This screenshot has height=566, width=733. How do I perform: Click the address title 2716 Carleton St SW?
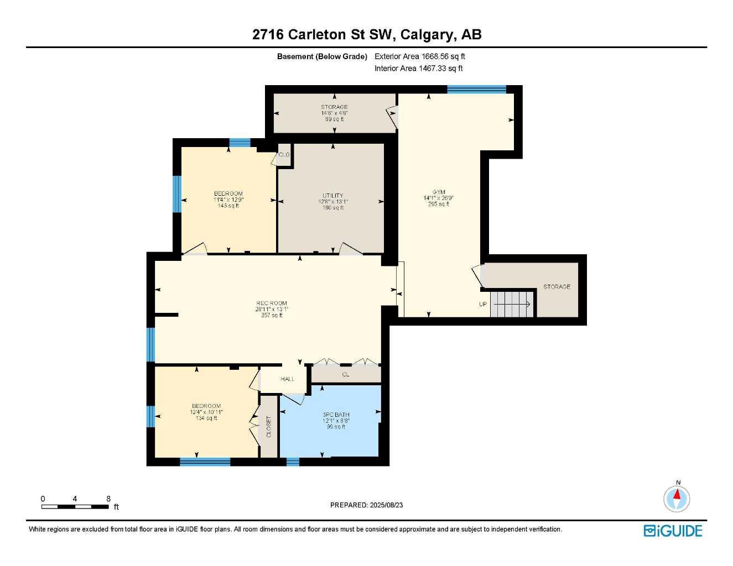366,34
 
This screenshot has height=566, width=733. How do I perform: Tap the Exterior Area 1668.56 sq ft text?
419,56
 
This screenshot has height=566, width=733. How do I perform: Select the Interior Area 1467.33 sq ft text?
418,69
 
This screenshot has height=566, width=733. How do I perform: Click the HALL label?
287,379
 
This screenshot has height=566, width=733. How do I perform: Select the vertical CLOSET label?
269,427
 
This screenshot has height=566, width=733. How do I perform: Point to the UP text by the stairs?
483,305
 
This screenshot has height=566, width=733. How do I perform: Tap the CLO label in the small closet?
284,155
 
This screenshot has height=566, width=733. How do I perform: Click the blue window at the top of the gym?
476,90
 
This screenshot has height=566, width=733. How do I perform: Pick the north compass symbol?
677,498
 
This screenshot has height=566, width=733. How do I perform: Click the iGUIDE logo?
673,531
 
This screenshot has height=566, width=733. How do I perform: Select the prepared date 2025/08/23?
366,505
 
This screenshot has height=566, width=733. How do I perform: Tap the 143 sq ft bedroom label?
228,200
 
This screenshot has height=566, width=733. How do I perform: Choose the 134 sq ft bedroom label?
206,412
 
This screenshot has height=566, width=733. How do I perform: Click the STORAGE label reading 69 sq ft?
334,113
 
